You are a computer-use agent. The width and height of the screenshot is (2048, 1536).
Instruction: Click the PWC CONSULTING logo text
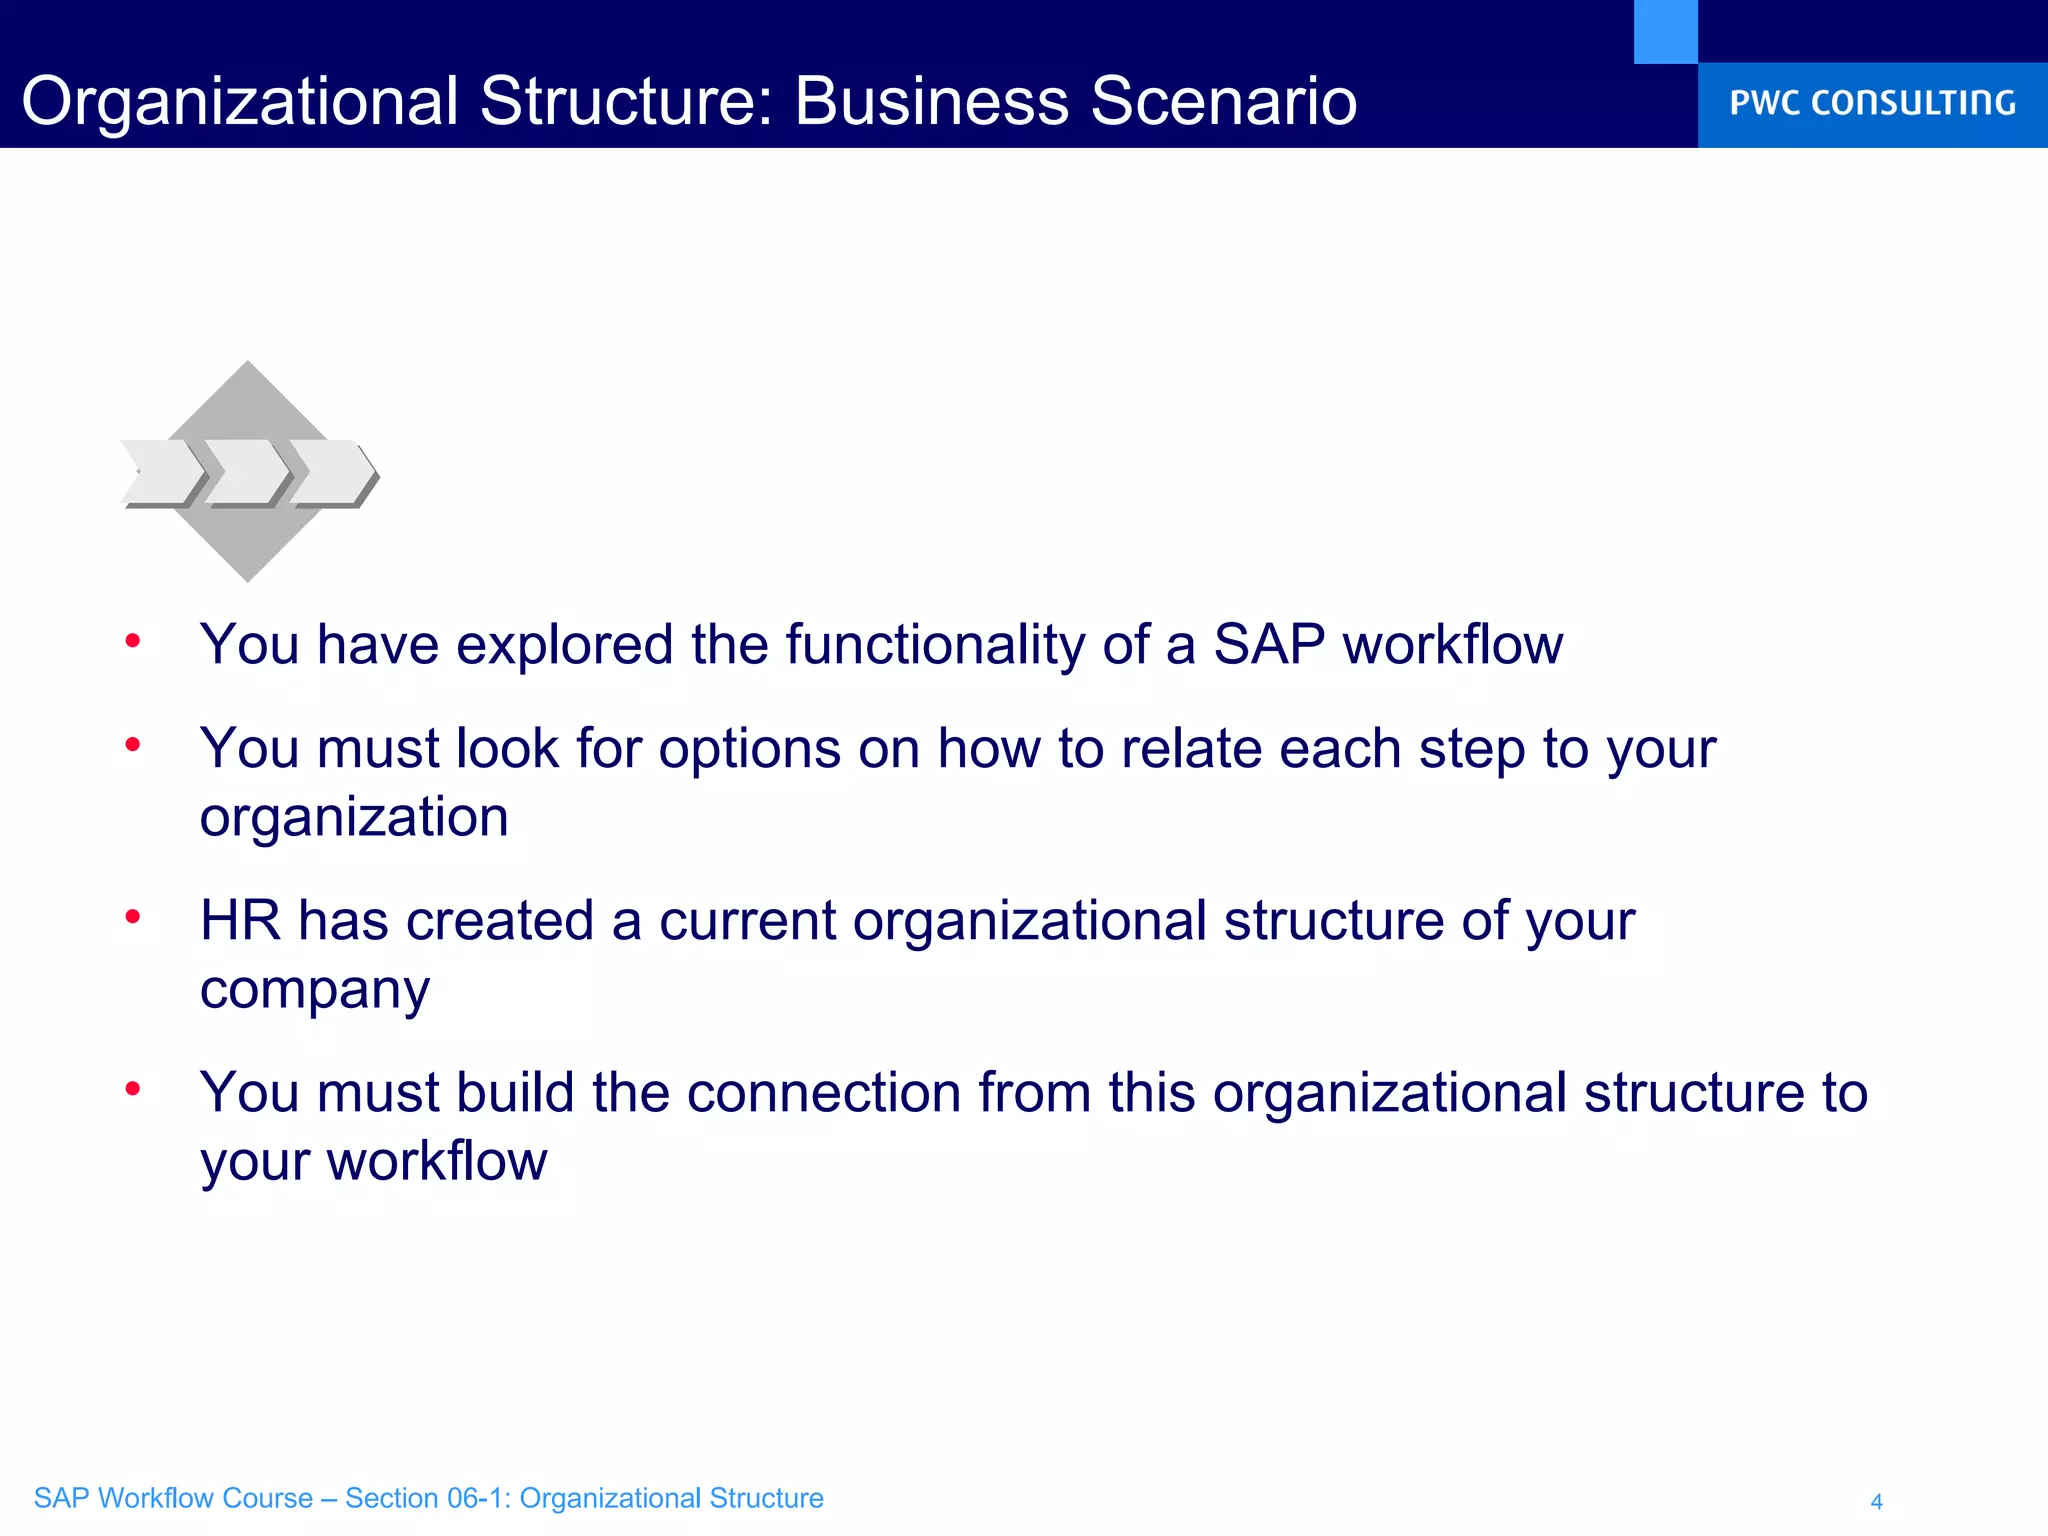(1872, 103)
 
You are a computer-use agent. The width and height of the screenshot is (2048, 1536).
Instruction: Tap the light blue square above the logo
(1665, 32)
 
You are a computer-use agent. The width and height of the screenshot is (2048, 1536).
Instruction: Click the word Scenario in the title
(1223, 101)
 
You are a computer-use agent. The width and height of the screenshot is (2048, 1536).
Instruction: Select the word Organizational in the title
(240, 101)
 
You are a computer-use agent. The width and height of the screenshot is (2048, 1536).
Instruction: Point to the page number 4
(1876, 1501)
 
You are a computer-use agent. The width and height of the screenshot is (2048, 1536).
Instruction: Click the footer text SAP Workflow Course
(173, 1498)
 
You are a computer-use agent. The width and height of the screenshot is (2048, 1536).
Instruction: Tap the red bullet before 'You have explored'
(133, 641)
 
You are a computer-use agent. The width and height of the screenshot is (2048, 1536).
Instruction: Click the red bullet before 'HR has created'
(133, 916)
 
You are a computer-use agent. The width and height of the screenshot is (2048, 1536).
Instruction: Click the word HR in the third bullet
(240, 920)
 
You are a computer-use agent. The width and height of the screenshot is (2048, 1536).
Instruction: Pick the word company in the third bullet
(315, 990)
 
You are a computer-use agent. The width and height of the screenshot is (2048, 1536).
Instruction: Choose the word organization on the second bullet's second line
(354, 818)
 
